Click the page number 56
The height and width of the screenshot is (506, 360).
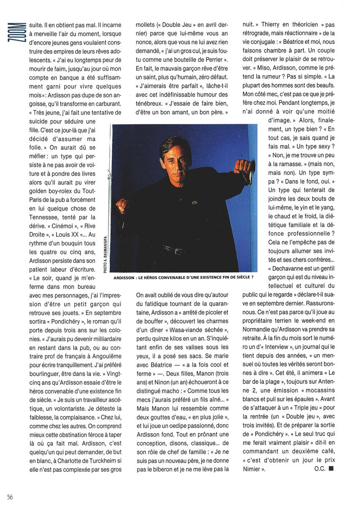[x=10, y=496]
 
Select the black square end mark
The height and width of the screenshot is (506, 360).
[x=332, y=467]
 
